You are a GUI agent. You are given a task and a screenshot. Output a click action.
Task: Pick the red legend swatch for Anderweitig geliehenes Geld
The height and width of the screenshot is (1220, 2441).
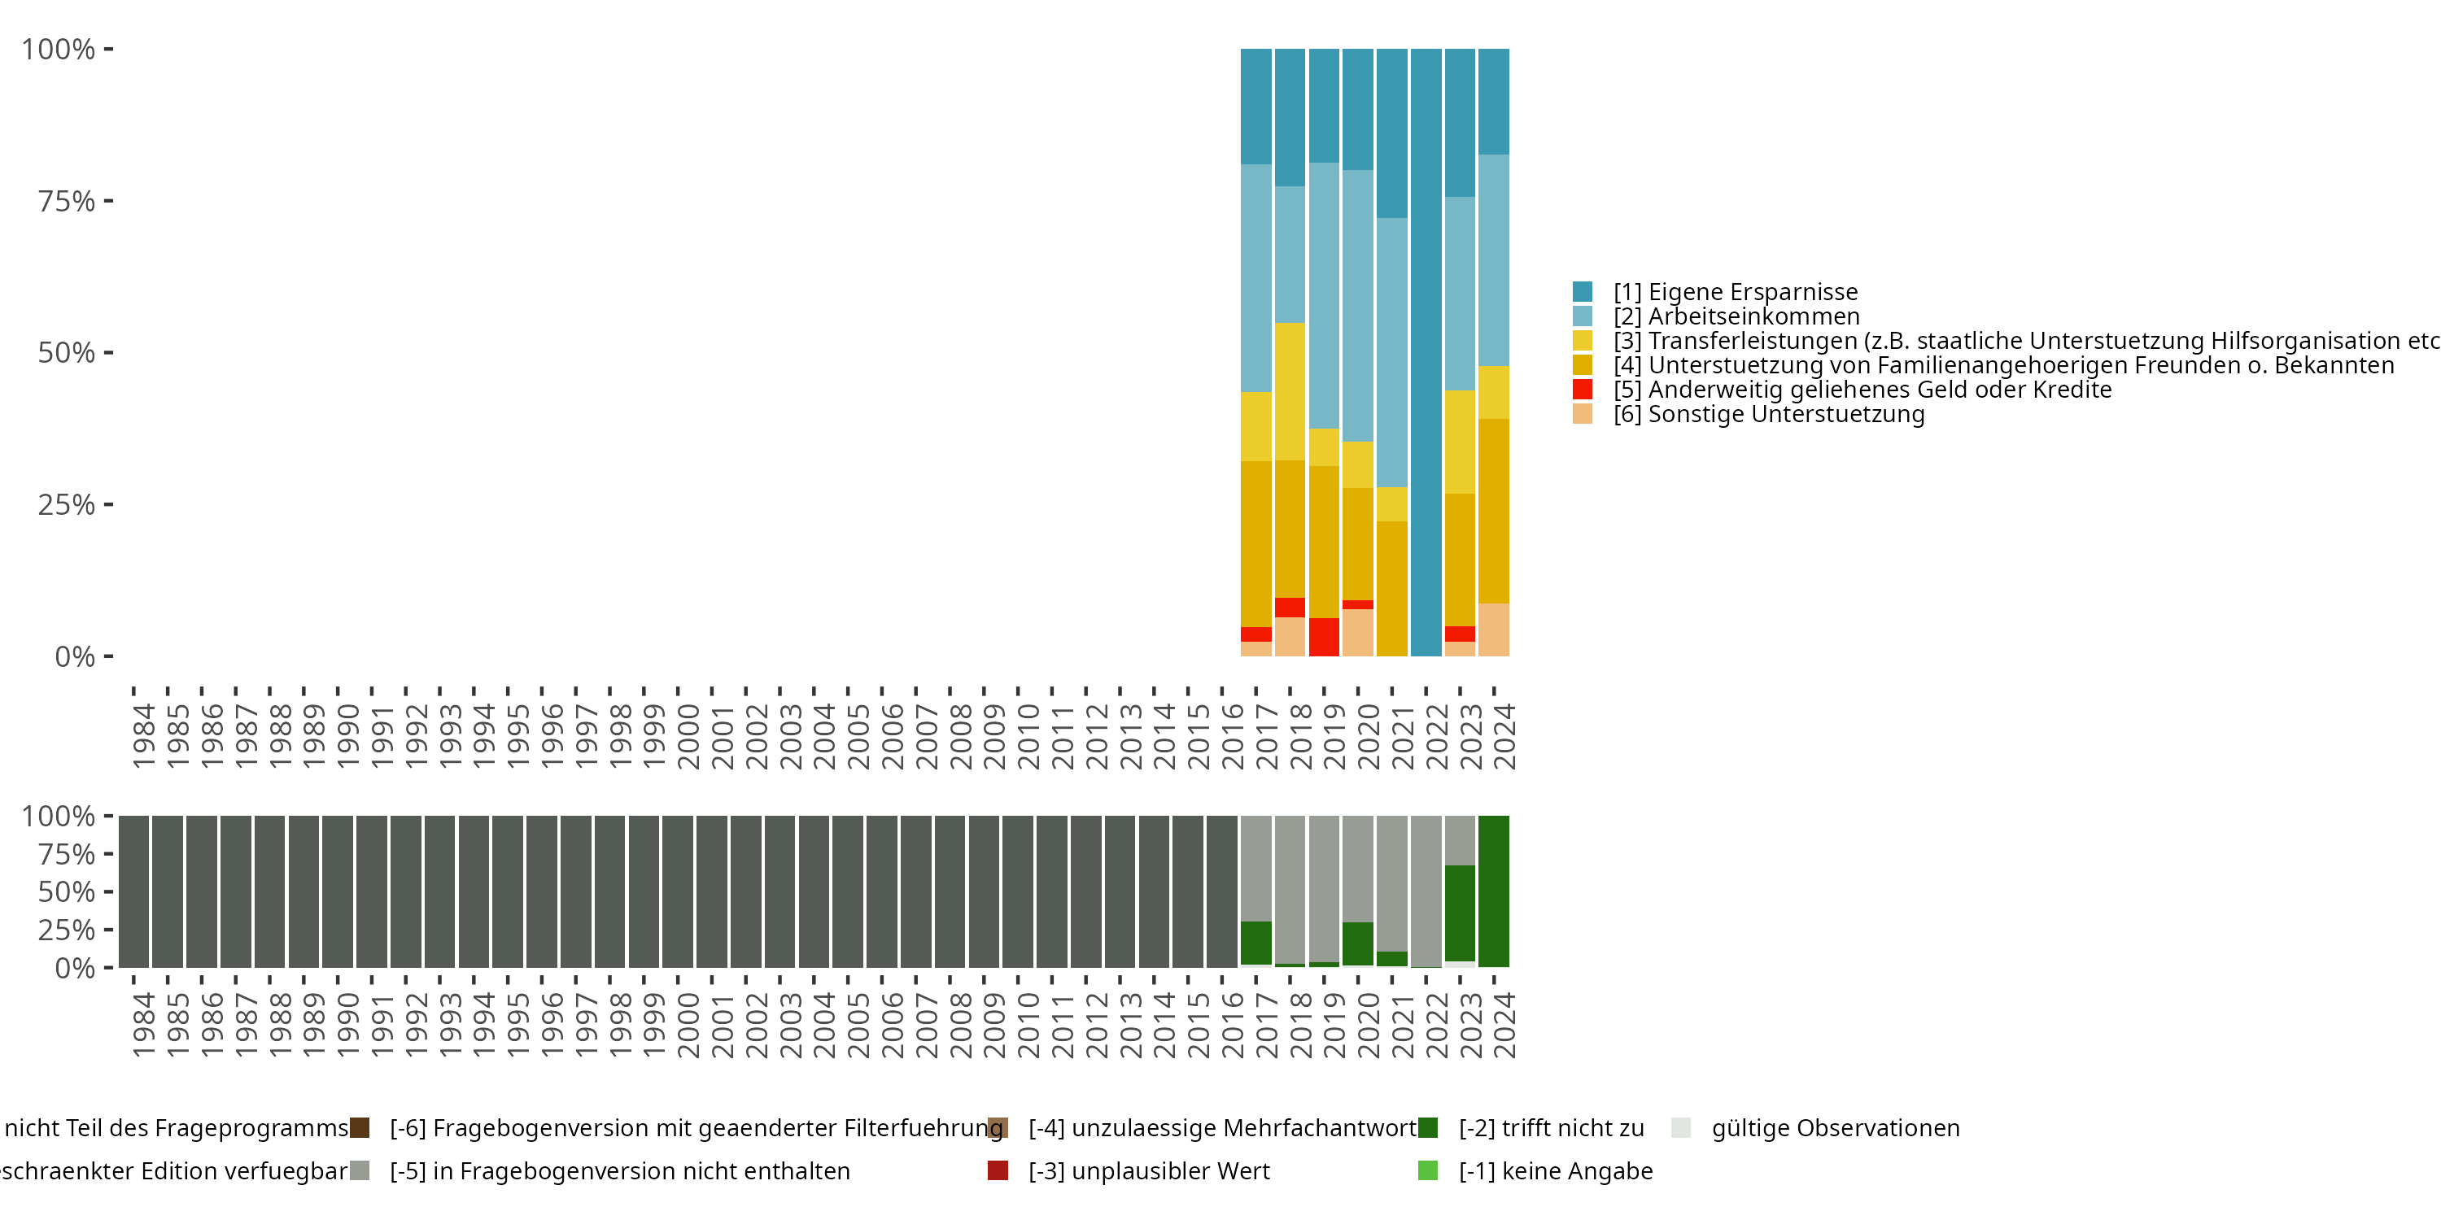point(1582,390)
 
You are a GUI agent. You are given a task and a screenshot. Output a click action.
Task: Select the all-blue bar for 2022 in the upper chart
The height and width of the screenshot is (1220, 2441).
point(1426,351)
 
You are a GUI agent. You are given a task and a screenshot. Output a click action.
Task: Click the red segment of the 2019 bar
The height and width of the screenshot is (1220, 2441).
point(1324,637)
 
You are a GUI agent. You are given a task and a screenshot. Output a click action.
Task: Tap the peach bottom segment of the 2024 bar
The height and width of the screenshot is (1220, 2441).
point(1493,630)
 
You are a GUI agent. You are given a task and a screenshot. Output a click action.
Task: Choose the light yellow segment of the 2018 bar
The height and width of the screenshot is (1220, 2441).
point(1290,391)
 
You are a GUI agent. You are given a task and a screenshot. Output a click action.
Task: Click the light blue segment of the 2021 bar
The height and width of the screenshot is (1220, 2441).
point(1391,352)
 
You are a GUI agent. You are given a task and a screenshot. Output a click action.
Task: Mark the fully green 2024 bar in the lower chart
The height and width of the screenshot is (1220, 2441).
point(1493,891)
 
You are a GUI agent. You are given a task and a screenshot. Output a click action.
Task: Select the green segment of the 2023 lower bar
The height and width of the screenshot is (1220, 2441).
point(1459,913)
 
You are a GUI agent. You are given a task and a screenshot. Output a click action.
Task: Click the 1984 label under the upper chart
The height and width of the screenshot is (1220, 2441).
point(143,735)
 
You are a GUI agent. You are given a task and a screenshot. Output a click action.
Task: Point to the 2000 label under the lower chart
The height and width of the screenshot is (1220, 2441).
point(688,1025)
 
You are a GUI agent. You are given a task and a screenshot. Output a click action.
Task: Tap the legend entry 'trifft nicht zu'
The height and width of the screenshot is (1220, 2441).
point(1550,1128)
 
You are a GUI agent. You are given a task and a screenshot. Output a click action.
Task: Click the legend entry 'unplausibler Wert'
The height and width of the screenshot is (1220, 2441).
point(1148,1170)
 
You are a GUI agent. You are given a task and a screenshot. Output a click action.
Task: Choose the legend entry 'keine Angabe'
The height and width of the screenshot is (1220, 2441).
point(1555,1170)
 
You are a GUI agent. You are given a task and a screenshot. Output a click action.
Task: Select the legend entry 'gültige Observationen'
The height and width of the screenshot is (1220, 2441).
point(1835,1128)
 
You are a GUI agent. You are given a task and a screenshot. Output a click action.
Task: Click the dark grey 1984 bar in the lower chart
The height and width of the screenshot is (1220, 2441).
point(133,891)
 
